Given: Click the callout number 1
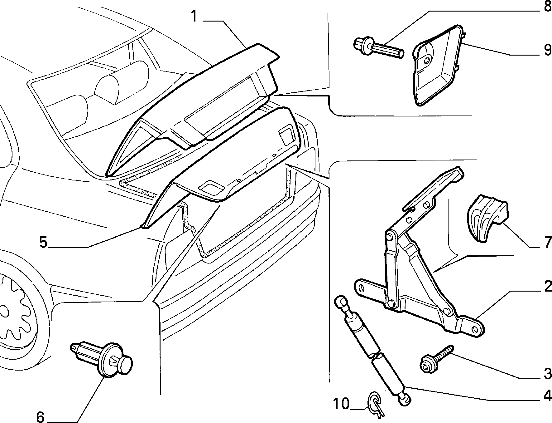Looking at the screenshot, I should click(x=194, y=17).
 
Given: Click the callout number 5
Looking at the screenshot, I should click(x=43, y=242).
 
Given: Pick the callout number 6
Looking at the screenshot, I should click(x=40, y=417).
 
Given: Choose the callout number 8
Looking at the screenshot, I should click(x=548, y=7).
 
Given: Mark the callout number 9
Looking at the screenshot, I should click(x=547, y=50).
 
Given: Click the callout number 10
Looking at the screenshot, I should click(x=341, y=404).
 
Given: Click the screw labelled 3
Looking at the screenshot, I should click(x=436, y=359).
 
